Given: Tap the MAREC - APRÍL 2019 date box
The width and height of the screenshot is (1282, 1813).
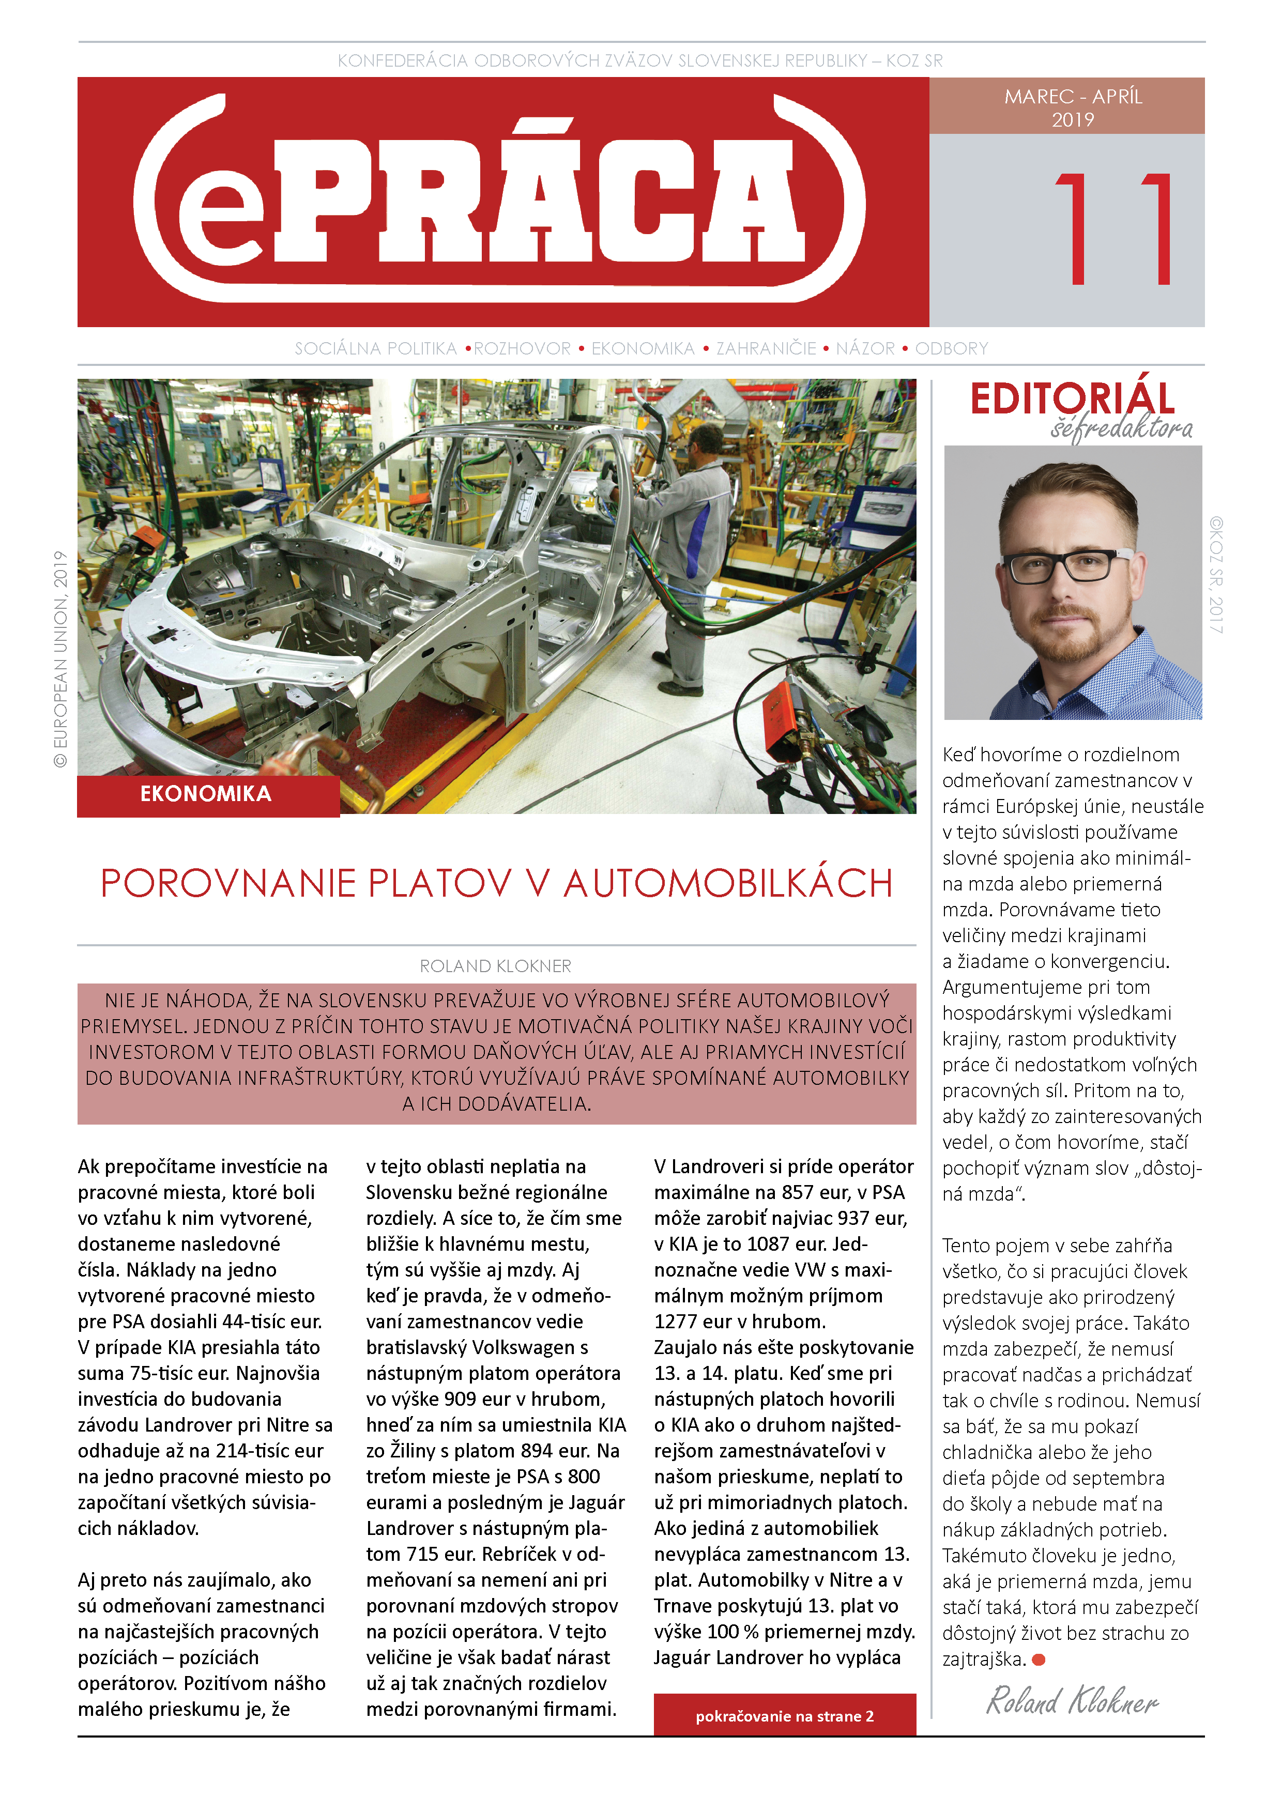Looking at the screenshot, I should [1073, 107].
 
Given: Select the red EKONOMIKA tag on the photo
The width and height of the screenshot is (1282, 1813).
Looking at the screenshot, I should [207, 794].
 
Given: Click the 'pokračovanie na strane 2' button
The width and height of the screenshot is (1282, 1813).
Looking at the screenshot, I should [784, 1716].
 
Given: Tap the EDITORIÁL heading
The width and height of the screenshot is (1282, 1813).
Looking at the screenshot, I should [1072, 399].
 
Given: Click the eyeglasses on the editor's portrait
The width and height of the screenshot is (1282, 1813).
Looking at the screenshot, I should [1066, 565].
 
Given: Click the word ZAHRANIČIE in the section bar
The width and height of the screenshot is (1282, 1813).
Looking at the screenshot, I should [766, 348].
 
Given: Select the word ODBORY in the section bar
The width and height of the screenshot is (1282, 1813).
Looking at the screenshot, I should [951, 348].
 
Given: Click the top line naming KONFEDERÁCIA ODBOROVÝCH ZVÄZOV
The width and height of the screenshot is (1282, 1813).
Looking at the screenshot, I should [640, 61].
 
